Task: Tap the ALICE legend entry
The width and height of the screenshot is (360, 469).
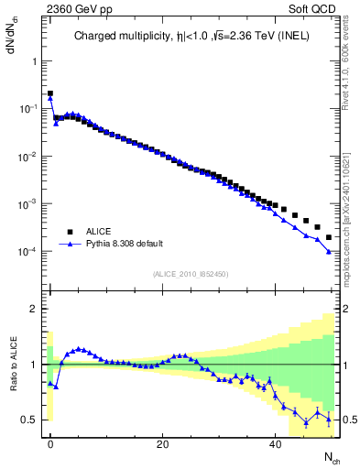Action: [x=99, y=232]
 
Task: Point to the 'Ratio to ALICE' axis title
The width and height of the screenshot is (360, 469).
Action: [x=14, y=364]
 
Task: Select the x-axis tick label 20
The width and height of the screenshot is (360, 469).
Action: [x=162, y=444]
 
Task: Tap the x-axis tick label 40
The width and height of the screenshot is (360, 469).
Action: [x=275, y=444]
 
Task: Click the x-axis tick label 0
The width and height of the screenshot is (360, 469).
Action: [x=50, y=444]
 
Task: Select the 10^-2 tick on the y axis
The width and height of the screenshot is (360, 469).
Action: [x=29, y=157]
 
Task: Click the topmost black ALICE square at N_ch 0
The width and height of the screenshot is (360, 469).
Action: [x=50, y=93]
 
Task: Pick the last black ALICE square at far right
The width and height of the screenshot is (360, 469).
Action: [x=329, y=237]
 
